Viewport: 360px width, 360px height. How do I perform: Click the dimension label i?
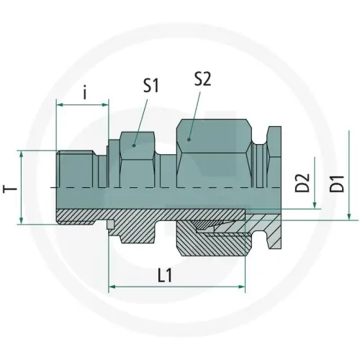coord(85,92)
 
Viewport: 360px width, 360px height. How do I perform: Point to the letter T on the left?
coord(9,188)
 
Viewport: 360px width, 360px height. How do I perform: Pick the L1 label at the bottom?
coord(166,275)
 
